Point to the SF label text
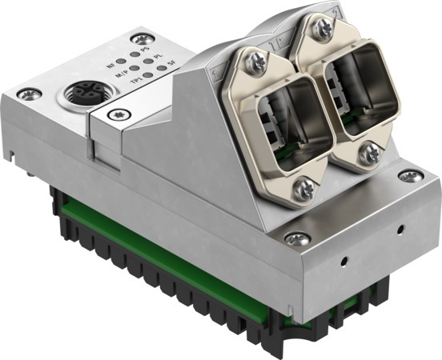click(171, 68)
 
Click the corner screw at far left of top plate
click(31, 94)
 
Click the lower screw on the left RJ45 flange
click(306, 188)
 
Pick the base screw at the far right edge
click(409, 176)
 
